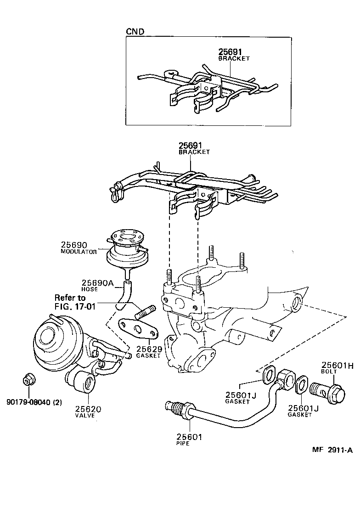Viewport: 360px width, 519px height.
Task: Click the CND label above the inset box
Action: click(x=135, y=32)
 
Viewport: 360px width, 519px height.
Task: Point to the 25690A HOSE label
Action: click(x=97, y=283)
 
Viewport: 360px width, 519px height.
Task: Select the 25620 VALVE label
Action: click(x=88, y=409)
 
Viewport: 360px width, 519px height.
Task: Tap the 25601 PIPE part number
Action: click(x=190, y=437)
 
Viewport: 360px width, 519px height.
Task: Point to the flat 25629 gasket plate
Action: click(x=138, y=328)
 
